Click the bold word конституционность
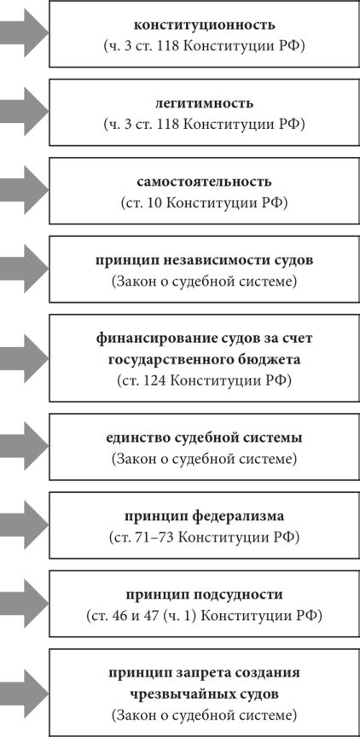[x=204, y=25]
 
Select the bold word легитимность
[x=204, y=103]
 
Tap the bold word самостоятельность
[x=204, y=182]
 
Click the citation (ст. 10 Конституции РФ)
[x=204, y=203]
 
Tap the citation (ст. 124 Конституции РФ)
[x=204, y=380]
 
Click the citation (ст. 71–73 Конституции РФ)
[x=204, y=537]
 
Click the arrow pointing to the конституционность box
[x=25, y=33]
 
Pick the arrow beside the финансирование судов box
[x=25, y=357]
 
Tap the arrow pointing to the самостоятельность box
[x=25, y=190]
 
